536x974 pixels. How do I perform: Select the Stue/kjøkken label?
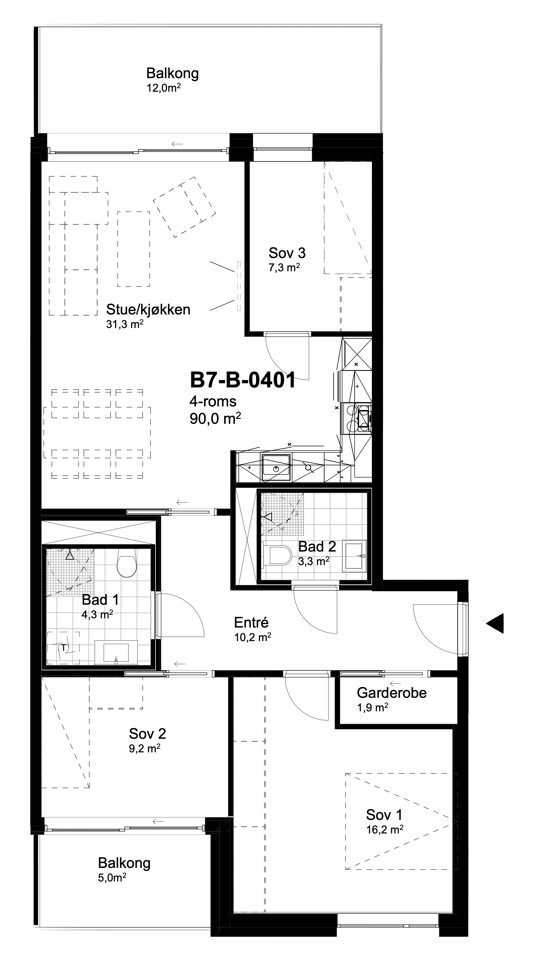148,310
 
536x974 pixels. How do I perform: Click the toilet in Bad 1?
127,564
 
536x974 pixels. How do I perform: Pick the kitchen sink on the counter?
276,467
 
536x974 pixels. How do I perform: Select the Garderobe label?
392,693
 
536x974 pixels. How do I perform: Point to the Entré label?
251,622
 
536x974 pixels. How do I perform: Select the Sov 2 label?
147,734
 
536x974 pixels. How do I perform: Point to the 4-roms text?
213,401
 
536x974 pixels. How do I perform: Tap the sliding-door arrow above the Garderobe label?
395,683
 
